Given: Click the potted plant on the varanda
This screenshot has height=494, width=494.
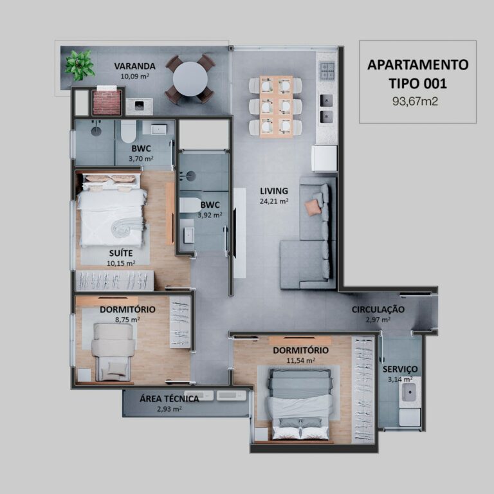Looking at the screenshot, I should coord(79,65).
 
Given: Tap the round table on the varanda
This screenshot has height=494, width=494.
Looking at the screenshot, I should coord(190,80).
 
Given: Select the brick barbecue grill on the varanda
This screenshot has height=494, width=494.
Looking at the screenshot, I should coord(107,102).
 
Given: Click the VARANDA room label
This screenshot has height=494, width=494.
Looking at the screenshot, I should coord(134,66).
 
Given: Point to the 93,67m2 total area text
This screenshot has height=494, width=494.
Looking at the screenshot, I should coord(417,101).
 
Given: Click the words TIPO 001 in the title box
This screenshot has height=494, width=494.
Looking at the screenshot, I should coord(417,83).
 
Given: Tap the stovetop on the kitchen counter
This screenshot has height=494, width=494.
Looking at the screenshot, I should coord(327,71).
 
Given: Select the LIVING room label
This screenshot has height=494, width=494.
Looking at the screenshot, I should coord(274,191).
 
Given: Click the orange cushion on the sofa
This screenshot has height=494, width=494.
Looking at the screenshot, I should coord(313,206).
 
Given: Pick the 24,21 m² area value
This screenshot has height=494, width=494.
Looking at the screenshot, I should coord(274,201).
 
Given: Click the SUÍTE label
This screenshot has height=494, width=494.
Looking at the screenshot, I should coord(122,253).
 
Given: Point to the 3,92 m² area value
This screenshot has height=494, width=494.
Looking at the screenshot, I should coord(210,215).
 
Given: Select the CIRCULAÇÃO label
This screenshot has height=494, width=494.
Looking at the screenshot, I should coord(378,309).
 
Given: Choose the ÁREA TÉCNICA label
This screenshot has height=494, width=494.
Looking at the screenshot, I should coord(169,398).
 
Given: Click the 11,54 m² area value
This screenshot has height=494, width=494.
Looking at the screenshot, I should coord(300,360).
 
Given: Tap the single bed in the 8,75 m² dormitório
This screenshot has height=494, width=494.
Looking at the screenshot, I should coord(113,351).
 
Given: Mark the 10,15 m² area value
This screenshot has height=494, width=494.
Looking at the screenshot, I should coord(122,262).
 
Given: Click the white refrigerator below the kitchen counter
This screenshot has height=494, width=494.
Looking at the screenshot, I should coord(324,158).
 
